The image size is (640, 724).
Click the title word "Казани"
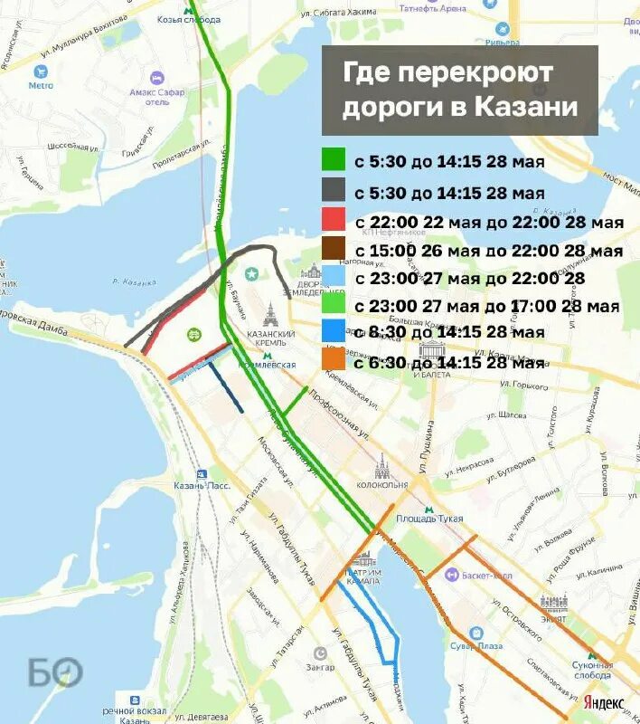(524, 107)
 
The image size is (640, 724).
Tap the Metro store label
(41, 85)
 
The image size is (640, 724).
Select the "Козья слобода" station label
(189, 18)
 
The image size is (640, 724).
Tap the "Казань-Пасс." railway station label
(202, 485)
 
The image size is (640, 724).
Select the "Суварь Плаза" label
(478, 646)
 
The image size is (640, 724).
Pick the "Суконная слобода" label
(592, 670)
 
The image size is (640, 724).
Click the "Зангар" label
(319, 667)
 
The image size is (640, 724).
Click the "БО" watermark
(54, 672)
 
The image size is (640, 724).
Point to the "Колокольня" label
(382, 484)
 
